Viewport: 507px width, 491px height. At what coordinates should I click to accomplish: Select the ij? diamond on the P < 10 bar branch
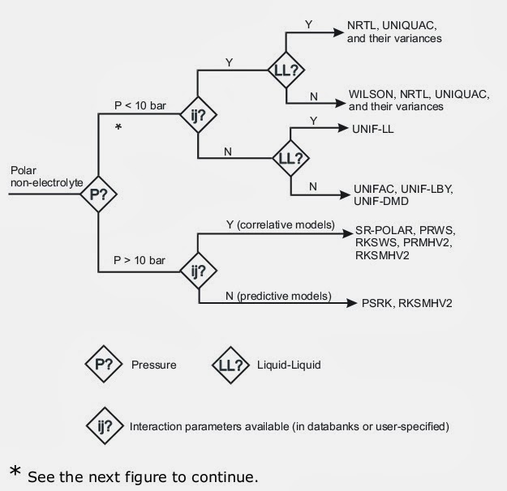click(198, 115)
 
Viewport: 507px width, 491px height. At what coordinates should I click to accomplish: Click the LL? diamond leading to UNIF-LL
click(290, 159)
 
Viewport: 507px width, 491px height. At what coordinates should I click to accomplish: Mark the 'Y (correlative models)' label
click(274, 224)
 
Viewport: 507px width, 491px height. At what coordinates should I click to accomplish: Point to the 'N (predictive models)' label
click(271, 296)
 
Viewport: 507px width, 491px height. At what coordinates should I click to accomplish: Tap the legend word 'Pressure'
click(155, 365)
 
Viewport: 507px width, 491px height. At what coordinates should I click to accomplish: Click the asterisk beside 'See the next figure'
click(14, 474)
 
